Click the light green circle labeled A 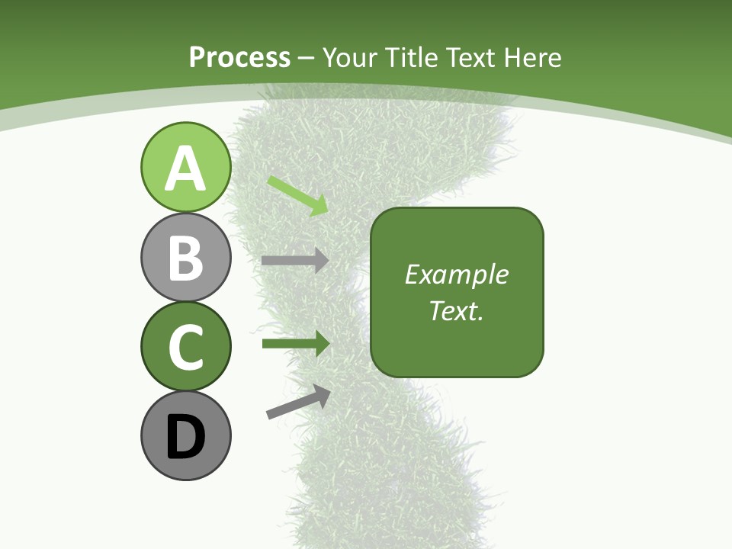(185, 167)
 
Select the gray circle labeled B (185, 257)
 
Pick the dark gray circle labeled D (185, 435)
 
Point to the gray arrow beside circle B (294, 260)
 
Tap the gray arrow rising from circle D (298, 402)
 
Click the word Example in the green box (456, 274)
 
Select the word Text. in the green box (456, 311)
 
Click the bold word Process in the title (239, 57)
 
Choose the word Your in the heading (350, 57)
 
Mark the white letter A (185, 169)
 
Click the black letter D (185, 438)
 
